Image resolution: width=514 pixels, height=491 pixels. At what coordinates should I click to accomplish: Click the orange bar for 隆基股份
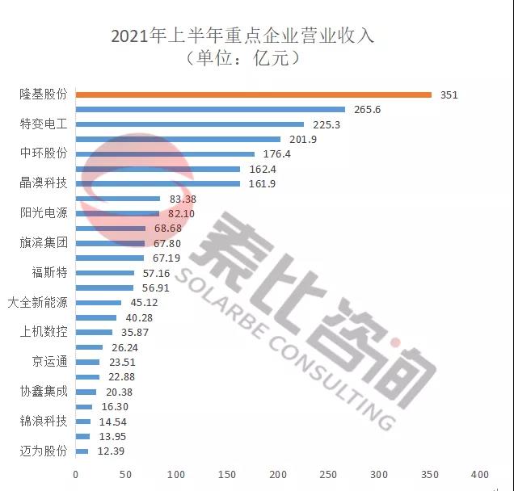coord(253,94)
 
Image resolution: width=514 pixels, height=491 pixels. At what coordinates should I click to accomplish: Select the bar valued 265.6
coord(210,110)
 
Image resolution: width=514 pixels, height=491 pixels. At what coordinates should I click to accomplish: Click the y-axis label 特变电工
coord(43,124)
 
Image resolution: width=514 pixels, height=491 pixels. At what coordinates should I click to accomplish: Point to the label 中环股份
coord(43,153)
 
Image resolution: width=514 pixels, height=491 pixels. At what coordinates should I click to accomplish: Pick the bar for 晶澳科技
coord(158,183)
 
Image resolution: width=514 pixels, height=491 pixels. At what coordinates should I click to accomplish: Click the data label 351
coord(449,94)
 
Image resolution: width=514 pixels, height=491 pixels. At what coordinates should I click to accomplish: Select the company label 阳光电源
coord(43,213)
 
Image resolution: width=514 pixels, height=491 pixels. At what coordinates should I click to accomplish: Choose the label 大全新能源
coord(37,302)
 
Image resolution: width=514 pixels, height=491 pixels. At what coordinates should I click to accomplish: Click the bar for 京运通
coord(87,362)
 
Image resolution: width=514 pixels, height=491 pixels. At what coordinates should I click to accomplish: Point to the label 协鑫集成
coord(43,391)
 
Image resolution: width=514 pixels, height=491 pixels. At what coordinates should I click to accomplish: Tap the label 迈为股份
coord(43,451)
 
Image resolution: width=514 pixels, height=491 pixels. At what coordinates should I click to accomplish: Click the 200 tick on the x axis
coord(277,474)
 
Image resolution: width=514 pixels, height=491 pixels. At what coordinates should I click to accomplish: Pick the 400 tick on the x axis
coord(480,474)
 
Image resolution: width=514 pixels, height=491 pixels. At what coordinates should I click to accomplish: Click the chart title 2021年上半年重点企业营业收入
coord(242,36)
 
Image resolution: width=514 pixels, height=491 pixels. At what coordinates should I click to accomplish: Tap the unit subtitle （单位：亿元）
coord(242,58)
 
